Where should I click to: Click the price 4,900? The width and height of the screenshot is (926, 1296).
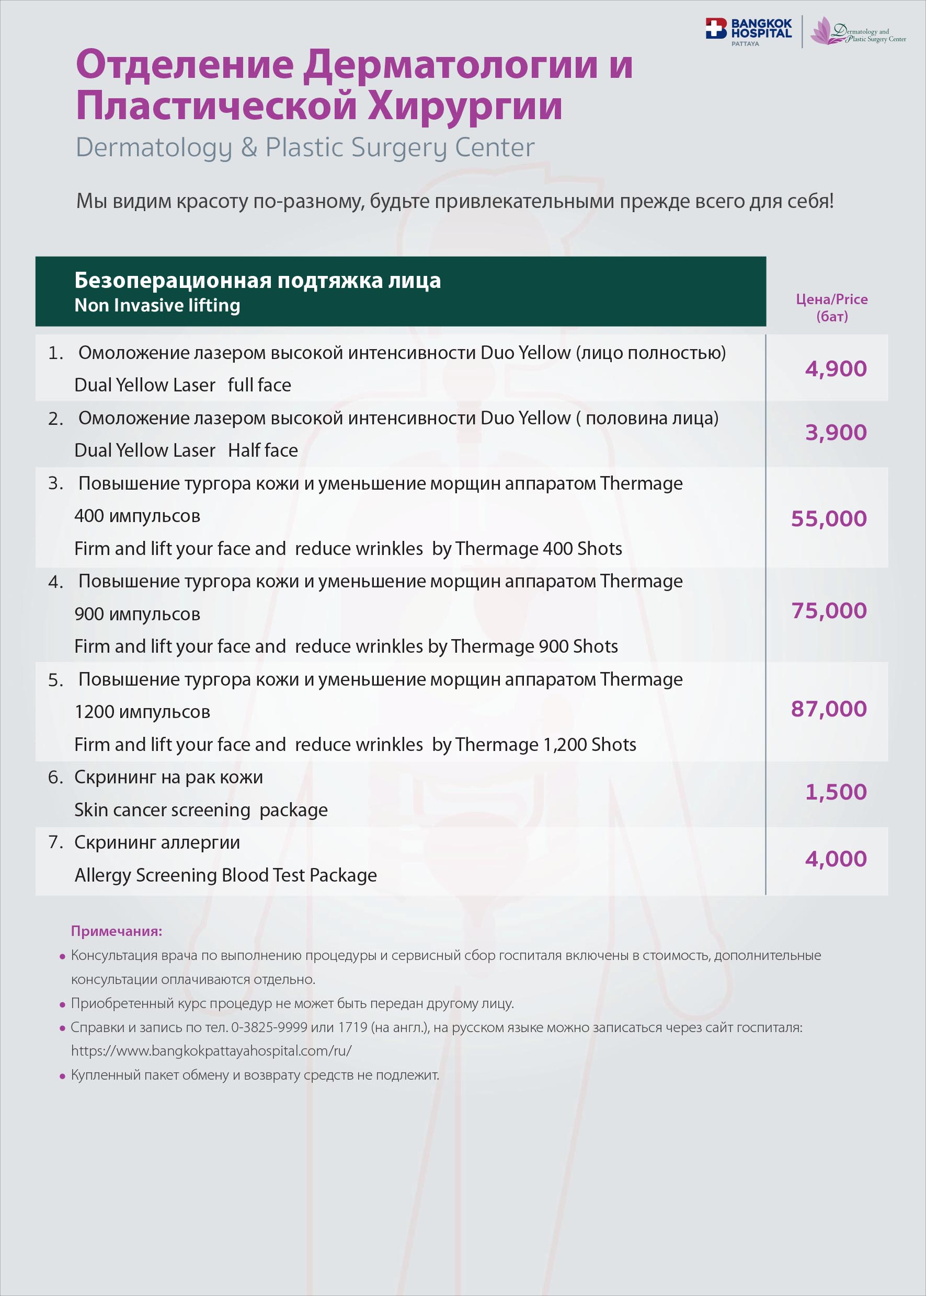click(x=836, y=369)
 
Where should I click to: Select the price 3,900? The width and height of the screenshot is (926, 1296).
click(x=836, y=433)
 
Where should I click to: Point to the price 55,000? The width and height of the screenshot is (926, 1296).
click(x=829, y=518)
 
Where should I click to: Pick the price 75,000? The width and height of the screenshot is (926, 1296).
click(x=829, y=611)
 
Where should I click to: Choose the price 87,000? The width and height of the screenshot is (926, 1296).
click(x=829, y=709)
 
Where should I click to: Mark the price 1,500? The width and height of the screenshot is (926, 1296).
click(x=836, y=792)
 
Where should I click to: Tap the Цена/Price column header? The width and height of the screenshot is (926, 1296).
click(x=831, y=307)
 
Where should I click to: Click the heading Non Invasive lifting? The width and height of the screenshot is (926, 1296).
click(x=157, y=306)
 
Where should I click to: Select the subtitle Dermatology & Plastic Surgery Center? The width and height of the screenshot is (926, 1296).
click(x=305, y=147)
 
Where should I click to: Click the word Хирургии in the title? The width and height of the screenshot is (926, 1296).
click(x=465, y=106)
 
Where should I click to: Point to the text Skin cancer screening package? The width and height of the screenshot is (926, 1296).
click(x=201, y=810)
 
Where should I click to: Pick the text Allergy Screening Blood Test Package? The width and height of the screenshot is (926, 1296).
click(x=226, y=875)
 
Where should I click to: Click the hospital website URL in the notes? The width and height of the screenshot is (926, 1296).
click(x=211, y=1051)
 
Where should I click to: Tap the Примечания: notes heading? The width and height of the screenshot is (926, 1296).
click(x=116, y=931)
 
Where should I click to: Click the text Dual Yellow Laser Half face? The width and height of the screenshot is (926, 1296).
click(x=186, y=450)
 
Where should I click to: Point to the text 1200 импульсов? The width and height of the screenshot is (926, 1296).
click(x=142, y=712)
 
